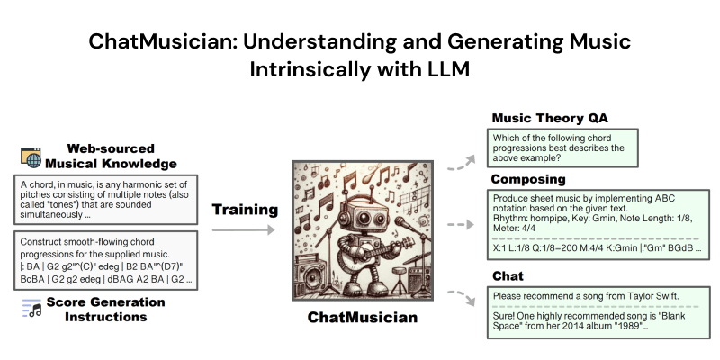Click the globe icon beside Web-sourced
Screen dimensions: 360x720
pyautogui.click(x=33, y=157)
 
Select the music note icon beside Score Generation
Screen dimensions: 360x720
pyautogui.click(x=32, y=309)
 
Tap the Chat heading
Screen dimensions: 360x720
pyautogui.click(x=508, y=274)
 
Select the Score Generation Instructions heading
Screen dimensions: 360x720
pyautogui.click(x=99, y=310)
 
